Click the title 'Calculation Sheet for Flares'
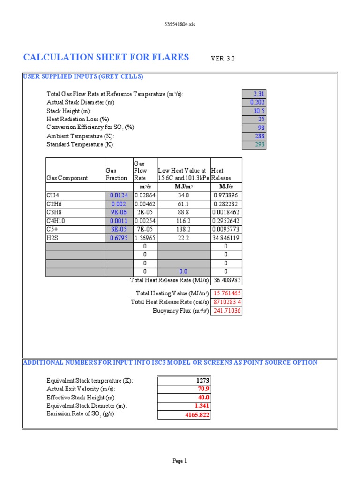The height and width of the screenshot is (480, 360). tap(106, 57)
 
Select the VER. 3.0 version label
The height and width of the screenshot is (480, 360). tap(223, 59)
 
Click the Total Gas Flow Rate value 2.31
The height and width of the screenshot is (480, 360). tap(254, 94)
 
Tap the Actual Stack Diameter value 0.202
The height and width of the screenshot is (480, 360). tap(254, 103)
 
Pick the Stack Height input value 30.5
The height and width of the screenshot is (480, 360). tap(254, 111)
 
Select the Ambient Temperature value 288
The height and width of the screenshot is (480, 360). tap(254, 136)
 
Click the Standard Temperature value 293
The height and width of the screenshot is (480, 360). tap(254, 145)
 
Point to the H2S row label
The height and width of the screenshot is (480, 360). tap(52, 238)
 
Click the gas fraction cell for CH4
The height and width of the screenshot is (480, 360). tap(119, 195)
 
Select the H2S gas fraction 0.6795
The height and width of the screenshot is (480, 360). tap(119, 238)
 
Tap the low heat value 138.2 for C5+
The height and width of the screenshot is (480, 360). tap(184, 230)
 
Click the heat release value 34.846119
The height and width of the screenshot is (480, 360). tap(226, 238)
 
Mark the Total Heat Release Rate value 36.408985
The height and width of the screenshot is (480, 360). tap(226, 280)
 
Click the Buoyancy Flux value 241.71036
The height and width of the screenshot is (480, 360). tap(226, 311)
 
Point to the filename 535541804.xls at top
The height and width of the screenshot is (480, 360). tap(180, 24)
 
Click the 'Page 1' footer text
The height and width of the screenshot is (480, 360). tap(180, 461)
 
